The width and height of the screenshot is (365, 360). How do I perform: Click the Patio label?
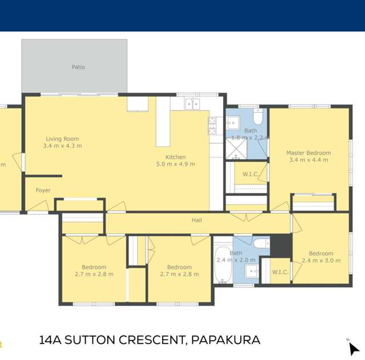coord(78,67)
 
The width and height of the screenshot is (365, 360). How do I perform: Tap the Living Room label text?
coord(62,139)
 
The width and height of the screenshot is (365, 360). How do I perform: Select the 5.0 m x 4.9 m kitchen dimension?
coord(176,164)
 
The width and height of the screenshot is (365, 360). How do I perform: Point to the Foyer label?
coord(43,191)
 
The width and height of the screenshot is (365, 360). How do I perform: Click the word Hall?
coord(196,220)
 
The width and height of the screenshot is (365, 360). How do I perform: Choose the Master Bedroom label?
coord(308,153)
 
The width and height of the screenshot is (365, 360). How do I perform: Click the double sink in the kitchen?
coord(192,104)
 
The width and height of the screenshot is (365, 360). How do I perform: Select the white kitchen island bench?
coord(163,122)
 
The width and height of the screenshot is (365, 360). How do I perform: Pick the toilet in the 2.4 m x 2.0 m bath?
coord(260,244)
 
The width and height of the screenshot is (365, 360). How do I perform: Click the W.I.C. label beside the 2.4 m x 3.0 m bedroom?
coord(280,272)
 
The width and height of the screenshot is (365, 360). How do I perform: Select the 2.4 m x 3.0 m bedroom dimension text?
coord(321,261)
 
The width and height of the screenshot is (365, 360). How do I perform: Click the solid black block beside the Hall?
coord(280,245)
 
